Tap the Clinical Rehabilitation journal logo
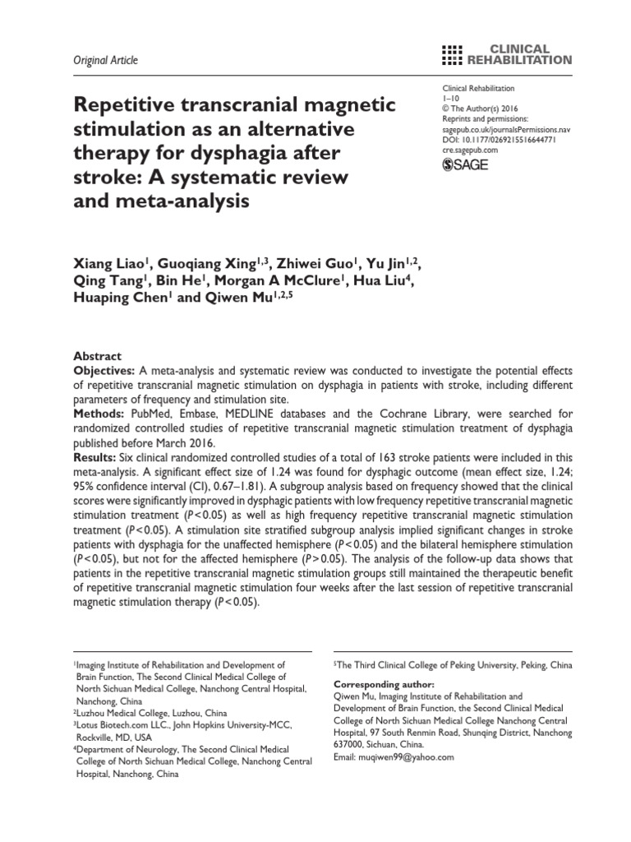pyautogui.click(x=506, y=54)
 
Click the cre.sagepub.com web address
pyautogui.click(x=471, y=151)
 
